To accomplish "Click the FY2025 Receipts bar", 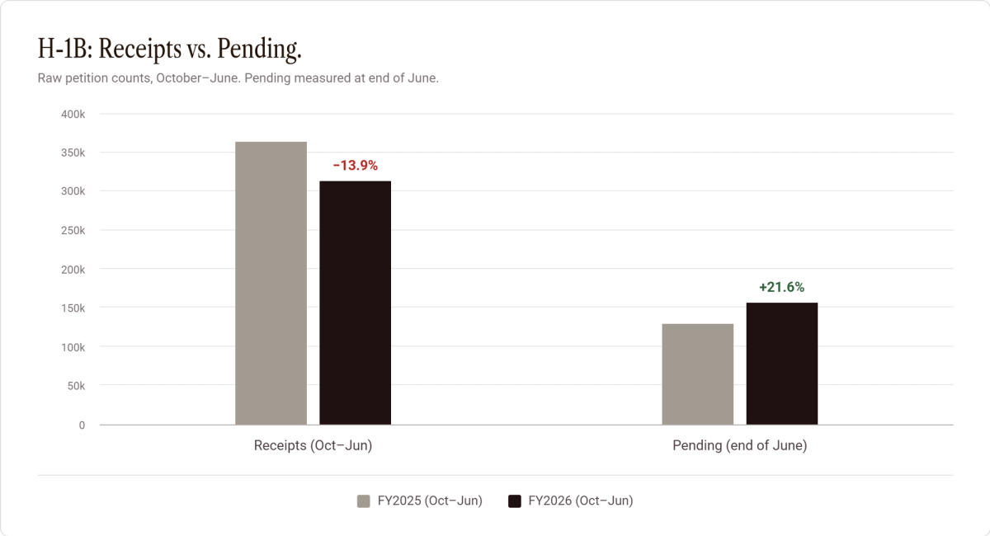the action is [271, 283].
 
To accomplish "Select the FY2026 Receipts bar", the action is [356, 303].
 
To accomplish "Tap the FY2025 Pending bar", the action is [698, 374].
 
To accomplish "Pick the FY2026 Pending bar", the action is [782, 364].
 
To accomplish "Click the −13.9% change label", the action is [356, 165].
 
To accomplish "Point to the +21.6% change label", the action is [782, 287].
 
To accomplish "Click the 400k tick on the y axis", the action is [73, 115].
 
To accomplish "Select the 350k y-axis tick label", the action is [73, 153].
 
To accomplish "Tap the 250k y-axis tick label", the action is [73, 231].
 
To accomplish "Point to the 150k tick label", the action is [73, 308].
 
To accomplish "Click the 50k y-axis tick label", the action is [76, 386].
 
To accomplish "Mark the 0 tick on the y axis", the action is [82, 425].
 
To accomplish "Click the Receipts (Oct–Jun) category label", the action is [313, 445].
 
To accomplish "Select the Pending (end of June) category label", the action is [740, 445].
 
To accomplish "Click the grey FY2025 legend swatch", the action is [363, 501].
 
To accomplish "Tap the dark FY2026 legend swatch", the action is [515, 501].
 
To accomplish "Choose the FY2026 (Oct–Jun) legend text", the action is [581, 501].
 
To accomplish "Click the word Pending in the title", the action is [259, 49].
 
